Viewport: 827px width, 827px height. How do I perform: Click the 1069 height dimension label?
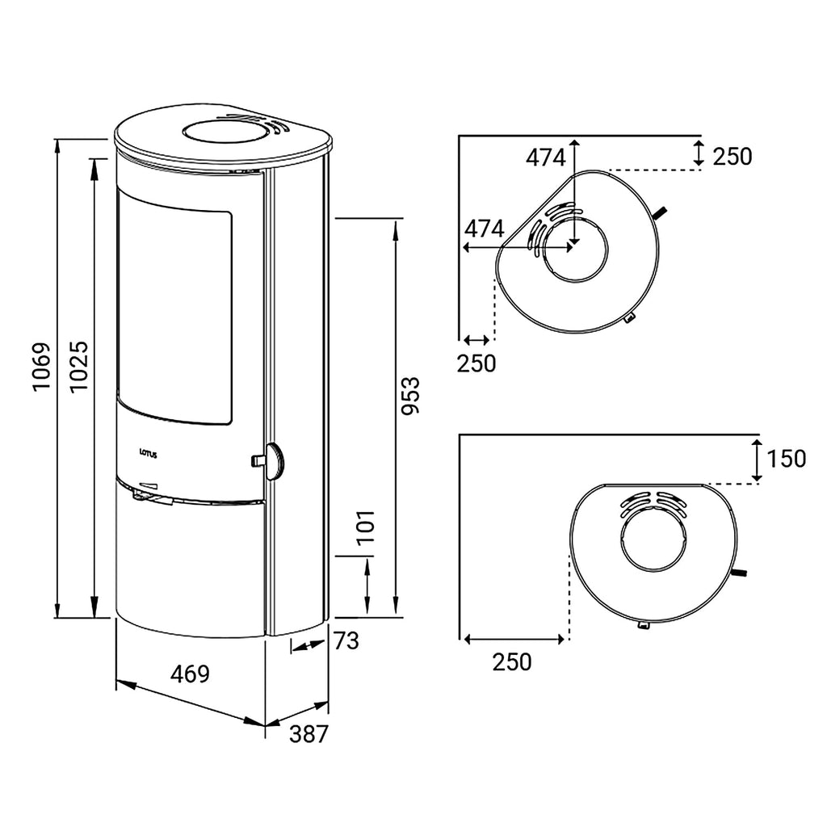coord(41,367)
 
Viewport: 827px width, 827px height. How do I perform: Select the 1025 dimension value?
coord(79,367)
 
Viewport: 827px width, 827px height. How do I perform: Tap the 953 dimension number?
coord(409,396)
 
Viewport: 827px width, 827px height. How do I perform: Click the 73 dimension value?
coord(346,640)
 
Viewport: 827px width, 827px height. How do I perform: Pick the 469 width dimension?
coord(191,674)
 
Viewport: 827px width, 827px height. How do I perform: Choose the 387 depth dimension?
coord(309,733)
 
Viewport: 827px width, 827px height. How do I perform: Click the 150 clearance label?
coord(787,459)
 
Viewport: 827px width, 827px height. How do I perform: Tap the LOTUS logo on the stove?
coord(149,453)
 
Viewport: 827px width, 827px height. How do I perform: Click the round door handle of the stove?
coord(275,461)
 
